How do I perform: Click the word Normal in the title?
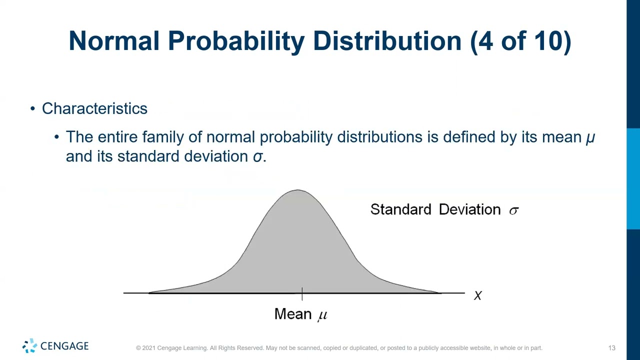point(113,41)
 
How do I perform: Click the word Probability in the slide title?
point(236,41)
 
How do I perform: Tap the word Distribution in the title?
point(387,41)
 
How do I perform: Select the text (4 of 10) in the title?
point(520,41)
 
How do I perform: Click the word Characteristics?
point(94,108)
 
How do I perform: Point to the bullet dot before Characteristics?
point(32,108)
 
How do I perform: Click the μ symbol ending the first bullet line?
point(590,137)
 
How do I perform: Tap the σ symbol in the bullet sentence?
point(257,157)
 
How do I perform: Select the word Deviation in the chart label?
point(469,209)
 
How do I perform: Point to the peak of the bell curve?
point(298,190)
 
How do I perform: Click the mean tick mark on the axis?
point(302,294)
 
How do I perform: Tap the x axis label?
point(477,296)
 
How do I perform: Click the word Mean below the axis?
point(293,314)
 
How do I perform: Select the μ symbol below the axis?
point(322,315)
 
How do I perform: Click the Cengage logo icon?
point(29,346)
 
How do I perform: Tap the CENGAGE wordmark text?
point(64,346)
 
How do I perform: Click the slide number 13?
point(611,348)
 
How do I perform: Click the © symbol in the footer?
point(138,348)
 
